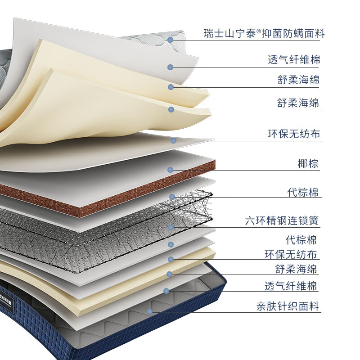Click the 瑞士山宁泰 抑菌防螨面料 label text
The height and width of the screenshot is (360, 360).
pos(263,33)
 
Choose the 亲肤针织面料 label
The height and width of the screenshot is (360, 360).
pos(288,306)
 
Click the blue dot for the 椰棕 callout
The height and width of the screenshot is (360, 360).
pos(171,170)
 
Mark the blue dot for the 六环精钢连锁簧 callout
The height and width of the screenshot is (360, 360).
pos(171,227)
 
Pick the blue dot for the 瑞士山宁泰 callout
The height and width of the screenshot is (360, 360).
pos(171,40)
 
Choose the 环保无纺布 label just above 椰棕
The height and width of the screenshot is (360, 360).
pos(294,134)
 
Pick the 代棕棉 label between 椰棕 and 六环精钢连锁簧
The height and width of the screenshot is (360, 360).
pos(303,193)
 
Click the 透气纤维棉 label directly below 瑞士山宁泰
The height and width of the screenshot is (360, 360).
pos(294,59)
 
